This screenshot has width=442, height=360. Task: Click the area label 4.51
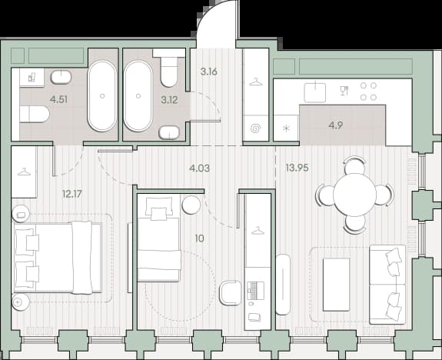pos(58,99)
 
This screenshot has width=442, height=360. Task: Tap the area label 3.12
pos(169,99)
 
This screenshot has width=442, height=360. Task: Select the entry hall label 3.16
pos(209,72)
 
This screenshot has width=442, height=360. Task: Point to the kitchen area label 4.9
pos(335,125)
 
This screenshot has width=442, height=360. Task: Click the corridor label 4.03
pos(200,168)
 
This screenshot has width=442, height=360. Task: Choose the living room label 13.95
pos(297,168)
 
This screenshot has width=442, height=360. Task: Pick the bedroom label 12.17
pos(72,194)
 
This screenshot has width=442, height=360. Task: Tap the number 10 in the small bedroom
pos(199,238)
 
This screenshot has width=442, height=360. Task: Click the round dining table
pos(354,195)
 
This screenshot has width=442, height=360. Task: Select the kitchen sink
pos(315,92)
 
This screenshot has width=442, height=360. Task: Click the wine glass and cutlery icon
pos(344,91)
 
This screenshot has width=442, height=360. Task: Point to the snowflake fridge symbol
pos(286,128)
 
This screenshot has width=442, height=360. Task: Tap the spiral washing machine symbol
pos(256,128)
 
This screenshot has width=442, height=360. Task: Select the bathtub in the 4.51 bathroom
pos(101,96)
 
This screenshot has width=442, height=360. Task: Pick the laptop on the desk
pos(256,291)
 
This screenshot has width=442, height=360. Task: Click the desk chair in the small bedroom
pos(231,293)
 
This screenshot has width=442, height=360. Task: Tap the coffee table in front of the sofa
pos(336,285)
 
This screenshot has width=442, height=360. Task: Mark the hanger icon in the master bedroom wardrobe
pos(24,172)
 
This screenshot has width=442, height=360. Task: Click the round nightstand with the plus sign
pos(20,302)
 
